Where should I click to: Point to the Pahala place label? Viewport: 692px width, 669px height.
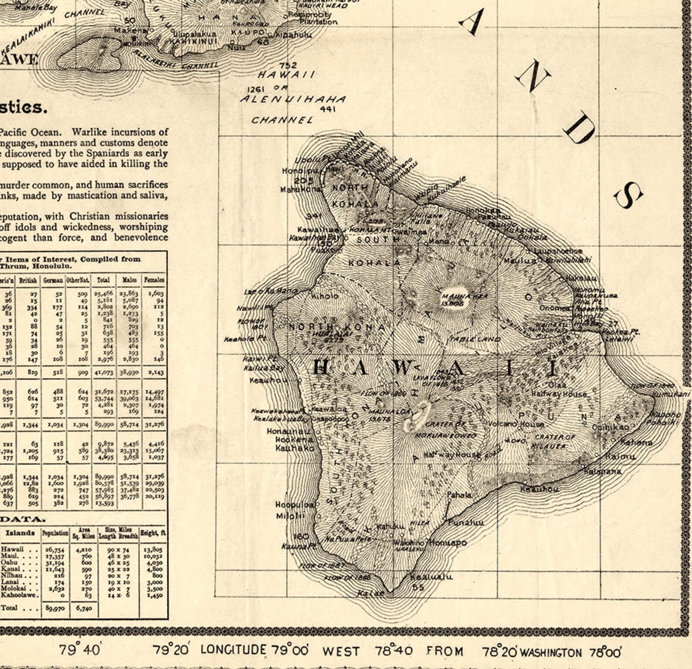coord(459,495)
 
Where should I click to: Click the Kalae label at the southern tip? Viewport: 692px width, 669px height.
coord(371,593)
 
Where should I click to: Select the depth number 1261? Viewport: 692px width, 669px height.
coord(256,89)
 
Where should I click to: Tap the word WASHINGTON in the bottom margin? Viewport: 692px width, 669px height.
coord(550,652)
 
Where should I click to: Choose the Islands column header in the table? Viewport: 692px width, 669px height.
coord(20,533)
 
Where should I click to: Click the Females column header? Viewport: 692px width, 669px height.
coord(154,280)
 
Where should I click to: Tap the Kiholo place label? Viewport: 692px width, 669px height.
coord(325,296)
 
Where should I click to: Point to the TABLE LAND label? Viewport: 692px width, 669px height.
coord(475,338)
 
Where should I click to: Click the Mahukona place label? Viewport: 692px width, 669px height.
coord(301,190)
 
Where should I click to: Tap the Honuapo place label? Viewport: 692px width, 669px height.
coord(448,543)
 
